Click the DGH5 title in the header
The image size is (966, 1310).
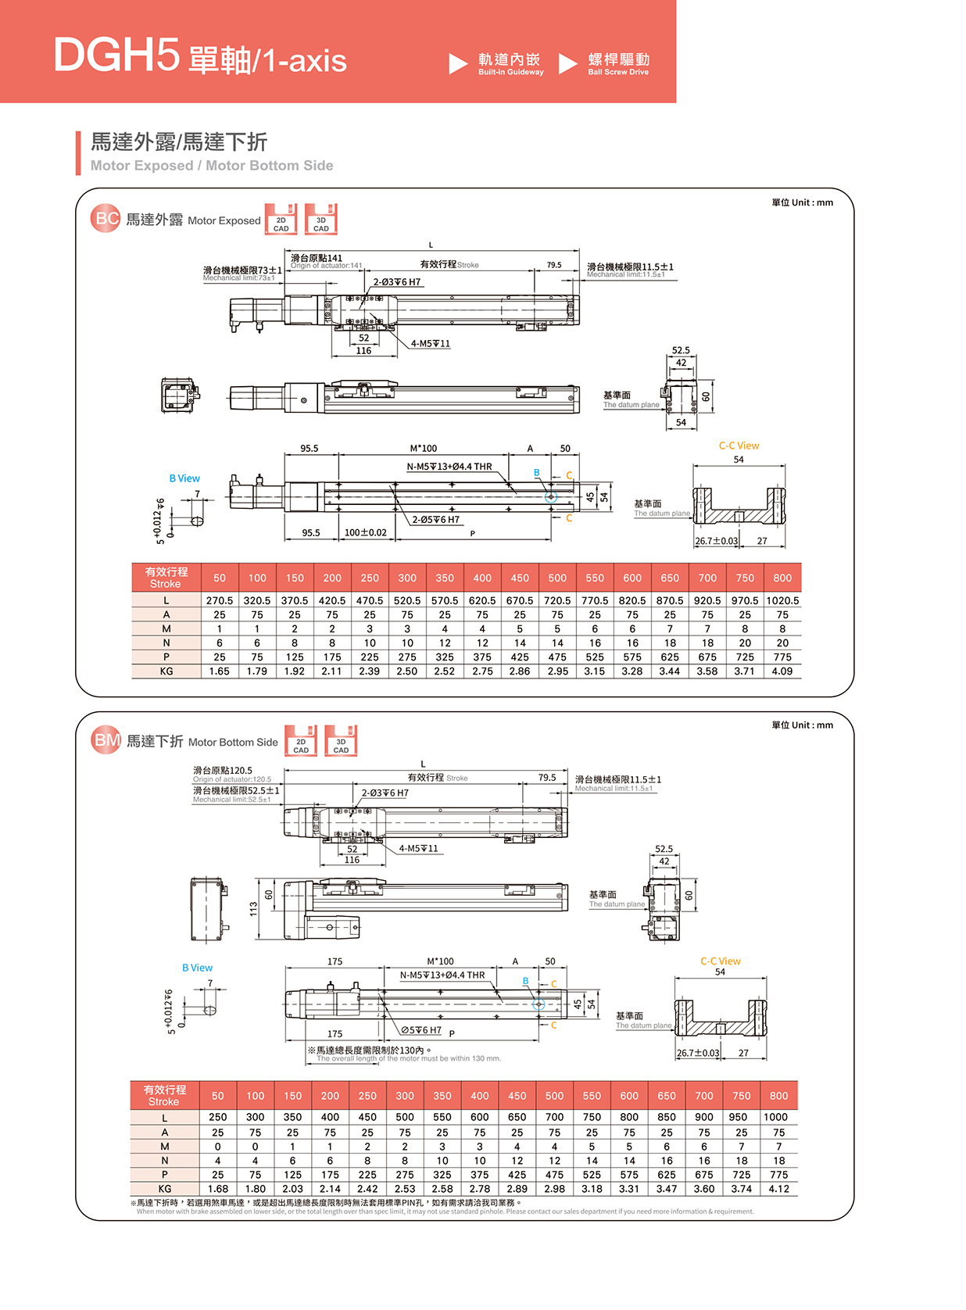tap(116, 55)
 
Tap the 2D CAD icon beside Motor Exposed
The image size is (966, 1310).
tap(281, 220)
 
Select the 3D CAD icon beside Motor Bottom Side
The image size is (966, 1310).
tap(341, 741)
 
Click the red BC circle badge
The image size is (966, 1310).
tap(106, 219)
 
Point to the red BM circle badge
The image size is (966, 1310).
tap(106, 740)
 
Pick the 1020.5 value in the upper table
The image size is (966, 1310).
tap(782, 600)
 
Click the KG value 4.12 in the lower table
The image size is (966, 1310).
tap(778, 1189)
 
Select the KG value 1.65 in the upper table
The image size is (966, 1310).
tap(220, 671)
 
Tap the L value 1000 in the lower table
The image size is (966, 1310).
tap(775, 1118)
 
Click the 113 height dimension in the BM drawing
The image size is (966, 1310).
tap(253, 909)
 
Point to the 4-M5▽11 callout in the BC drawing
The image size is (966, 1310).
tap(431, 344)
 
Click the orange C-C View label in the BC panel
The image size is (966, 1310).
tap(739, 446)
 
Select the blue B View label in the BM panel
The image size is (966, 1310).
tap(197, 968)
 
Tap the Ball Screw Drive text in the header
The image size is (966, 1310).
tap(618, 72)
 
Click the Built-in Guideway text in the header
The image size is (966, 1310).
tap(510, 72)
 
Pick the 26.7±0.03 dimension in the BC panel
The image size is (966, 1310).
tap(716, 541)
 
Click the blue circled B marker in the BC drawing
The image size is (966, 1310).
tap(550, 496)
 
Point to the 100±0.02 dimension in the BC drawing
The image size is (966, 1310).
tap(366, 533)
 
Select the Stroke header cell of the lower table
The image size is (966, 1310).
tap(164, 1096)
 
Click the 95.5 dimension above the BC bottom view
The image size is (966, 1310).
tap(309, 449)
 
